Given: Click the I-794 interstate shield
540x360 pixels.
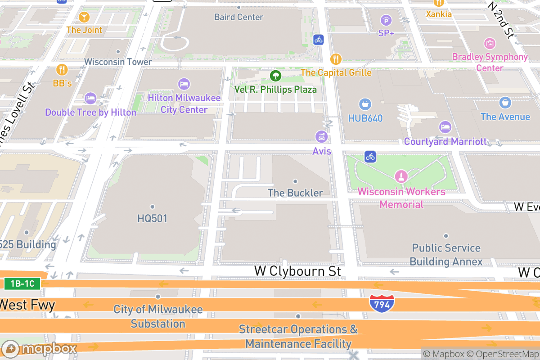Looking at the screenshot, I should (382, 304).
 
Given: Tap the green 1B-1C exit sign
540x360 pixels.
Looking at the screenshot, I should (22, 283).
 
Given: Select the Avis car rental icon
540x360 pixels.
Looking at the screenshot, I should (321, 136).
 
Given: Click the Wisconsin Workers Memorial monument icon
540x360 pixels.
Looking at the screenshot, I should (401, 176).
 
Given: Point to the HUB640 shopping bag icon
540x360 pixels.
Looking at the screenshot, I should (365, 104).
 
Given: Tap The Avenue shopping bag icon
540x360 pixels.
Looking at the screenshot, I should (505, 103).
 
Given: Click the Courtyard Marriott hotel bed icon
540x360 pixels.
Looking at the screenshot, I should (445, 127).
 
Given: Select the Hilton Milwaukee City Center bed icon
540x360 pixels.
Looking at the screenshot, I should (184, 84).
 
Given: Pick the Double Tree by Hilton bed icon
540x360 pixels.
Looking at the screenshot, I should (90, 98).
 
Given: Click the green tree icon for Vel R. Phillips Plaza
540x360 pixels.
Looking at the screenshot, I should (275, 75).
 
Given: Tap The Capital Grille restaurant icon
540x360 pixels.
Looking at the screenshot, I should (335, 59).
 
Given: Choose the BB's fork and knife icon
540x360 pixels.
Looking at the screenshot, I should (62, 70).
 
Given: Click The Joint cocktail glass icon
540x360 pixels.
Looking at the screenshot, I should (84, 17).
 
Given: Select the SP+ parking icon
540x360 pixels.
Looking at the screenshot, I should (386, 20).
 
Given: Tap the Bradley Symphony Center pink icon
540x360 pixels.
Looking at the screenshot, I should (490, 44).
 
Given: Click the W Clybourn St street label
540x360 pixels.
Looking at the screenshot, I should (297, 271).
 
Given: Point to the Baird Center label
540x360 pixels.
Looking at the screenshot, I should (238, 17).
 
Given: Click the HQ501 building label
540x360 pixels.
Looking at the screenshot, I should (153, 218).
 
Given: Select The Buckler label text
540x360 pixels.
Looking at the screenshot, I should (295, 193).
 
